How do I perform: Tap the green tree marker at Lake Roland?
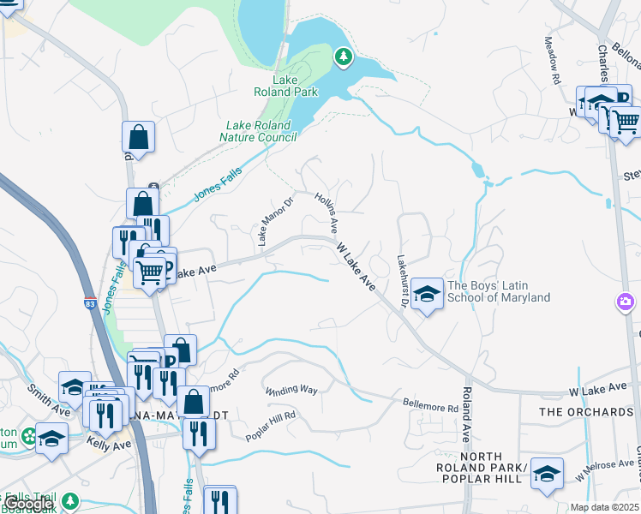(x=344, y=57)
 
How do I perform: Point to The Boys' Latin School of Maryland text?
(x=498, y=292)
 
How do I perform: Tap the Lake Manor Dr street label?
(x=275, y=222)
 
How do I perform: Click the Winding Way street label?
(x=291, y=390)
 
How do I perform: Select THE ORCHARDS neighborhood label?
(x=586, y=412)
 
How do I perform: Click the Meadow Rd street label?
(x=554, y=61)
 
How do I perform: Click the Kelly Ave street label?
(x=109, y=443)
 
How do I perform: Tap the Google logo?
(x=27, y=504)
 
